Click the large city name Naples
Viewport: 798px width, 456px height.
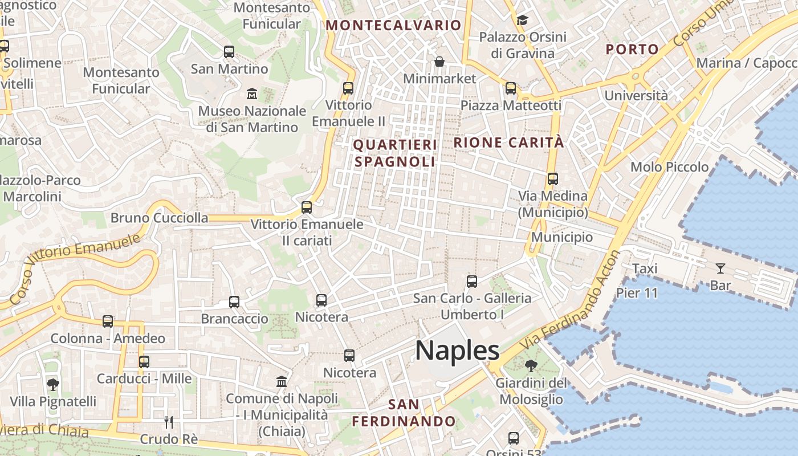click(457, 351)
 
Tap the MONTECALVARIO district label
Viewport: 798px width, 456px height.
click(393, 25)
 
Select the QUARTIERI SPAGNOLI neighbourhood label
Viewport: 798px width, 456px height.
click(395, 153)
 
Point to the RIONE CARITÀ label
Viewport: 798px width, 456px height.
click(508, 142)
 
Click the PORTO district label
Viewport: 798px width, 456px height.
click(632, 50)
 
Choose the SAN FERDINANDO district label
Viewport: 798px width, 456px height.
click(404, 413)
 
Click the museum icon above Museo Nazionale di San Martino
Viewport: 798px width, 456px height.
click(252, 93)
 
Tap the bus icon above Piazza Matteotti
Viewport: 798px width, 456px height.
click(511, 88)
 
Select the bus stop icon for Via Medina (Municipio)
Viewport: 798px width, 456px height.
click(552, 179)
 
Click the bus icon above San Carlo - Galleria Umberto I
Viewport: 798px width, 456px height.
click(472, 281)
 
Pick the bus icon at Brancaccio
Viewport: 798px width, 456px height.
click(234, 302)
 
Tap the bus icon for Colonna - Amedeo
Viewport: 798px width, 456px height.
click(108, 321)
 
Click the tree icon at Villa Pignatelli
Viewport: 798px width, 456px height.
click(53, 385)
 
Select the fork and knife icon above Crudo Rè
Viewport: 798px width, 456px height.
click(169, 422)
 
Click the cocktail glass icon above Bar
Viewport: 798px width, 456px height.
click(720, 268)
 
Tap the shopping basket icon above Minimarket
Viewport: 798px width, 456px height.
click(439, 62)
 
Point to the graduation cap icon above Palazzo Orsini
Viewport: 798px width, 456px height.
click(522, 21)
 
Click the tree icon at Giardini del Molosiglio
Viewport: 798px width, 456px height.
click(531, 365)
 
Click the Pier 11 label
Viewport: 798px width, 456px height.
click(637, 293)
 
